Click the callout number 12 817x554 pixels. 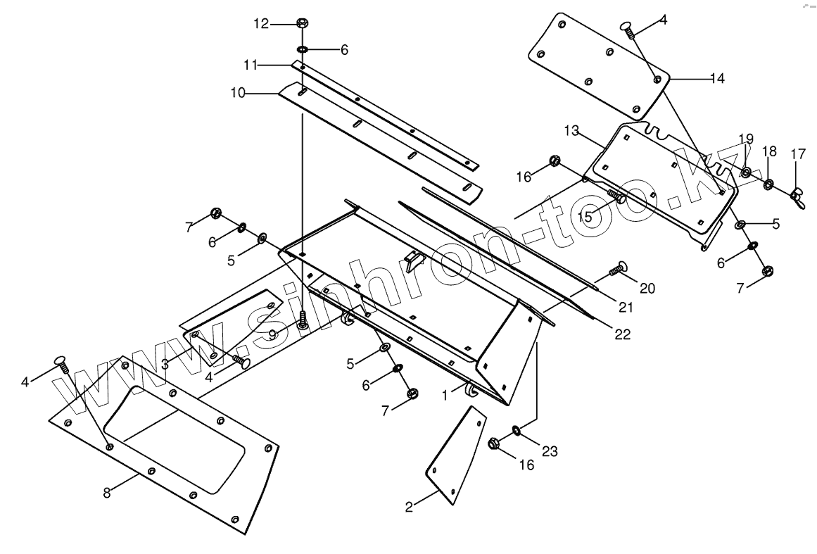tap(261, 24)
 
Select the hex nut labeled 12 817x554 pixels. tap(301, 23)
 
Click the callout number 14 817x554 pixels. tap(716, 79)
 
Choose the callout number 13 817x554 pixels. tap(571, 131)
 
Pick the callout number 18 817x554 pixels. tap(769, 152)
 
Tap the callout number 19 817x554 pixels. tap(746, 139)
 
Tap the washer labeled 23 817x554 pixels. tap(517, 429)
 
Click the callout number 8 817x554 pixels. tap(107, 493)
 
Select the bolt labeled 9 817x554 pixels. tap(303, 321)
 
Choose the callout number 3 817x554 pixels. tap(164, 363)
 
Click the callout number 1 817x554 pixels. tap(444, 396)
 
